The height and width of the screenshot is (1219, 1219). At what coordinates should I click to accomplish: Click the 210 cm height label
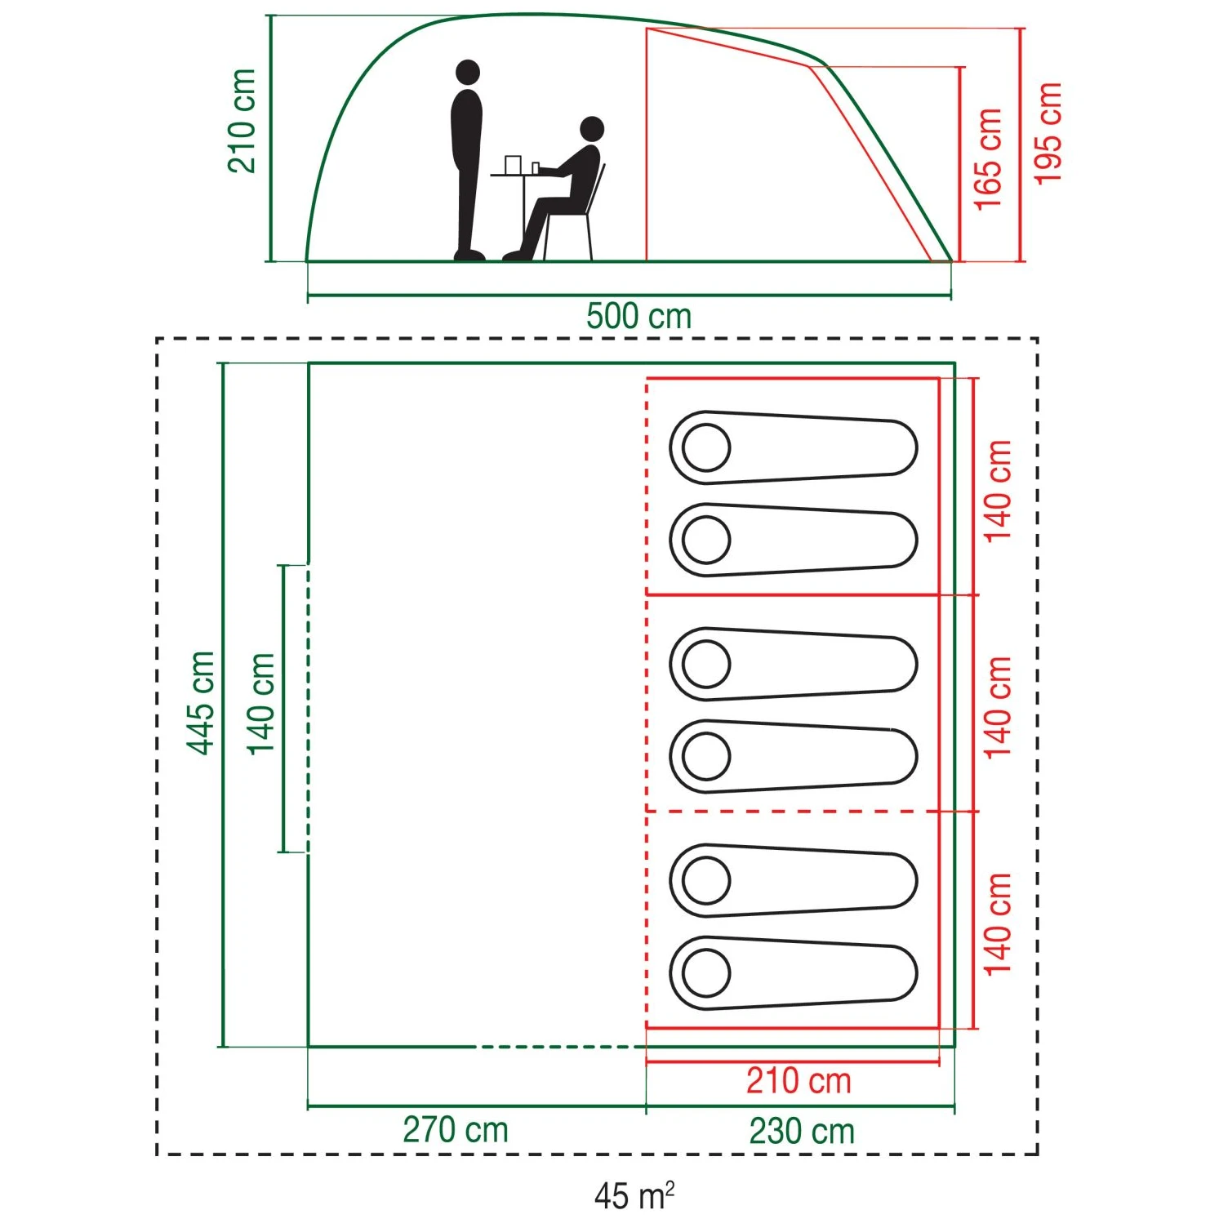242,121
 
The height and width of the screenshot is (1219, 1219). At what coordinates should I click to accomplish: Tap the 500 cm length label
638,316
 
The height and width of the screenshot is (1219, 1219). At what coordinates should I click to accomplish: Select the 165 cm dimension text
988,158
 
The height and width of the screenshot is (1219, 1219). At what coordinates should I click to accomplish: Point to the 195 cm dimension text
1048,133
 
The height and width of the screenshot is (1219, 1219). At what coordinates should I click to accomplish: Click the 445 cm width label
201,703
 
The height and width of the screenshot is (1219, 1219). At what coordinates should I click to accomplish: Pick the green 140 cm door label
261,704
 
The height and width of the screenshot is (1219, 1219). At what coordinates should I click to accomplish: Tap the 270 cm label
456,1130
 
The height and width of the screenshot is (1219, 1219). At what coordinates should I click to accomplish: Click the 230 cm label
802,1131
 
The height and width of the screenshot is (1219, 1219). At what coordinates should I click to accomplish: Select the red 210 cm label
799,1081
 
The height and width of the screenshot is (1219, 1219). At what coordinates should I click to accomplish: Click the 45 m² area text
634,1196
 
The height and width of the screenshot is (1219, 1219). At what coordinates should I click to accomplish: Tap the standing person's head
468,72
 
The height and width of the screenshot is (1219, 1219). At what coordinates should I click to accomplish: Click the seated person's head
591,128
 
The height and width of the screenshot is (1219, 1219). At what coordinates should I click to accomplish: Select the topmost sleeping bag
793,447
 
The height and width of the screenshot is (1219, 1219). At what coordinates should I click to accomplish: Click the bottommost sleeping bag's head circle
706,972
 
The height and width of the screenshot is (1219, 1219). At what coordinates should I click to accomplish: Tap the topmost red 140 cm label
998,491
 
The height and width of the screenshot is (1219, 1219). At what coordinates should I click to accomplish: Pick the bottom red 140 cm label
998,923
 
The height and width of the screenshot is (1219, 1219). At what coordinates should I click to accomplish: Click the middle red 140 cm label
998,707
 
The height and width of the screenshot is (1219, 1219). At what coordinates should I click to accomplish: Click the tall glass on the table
513,164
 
